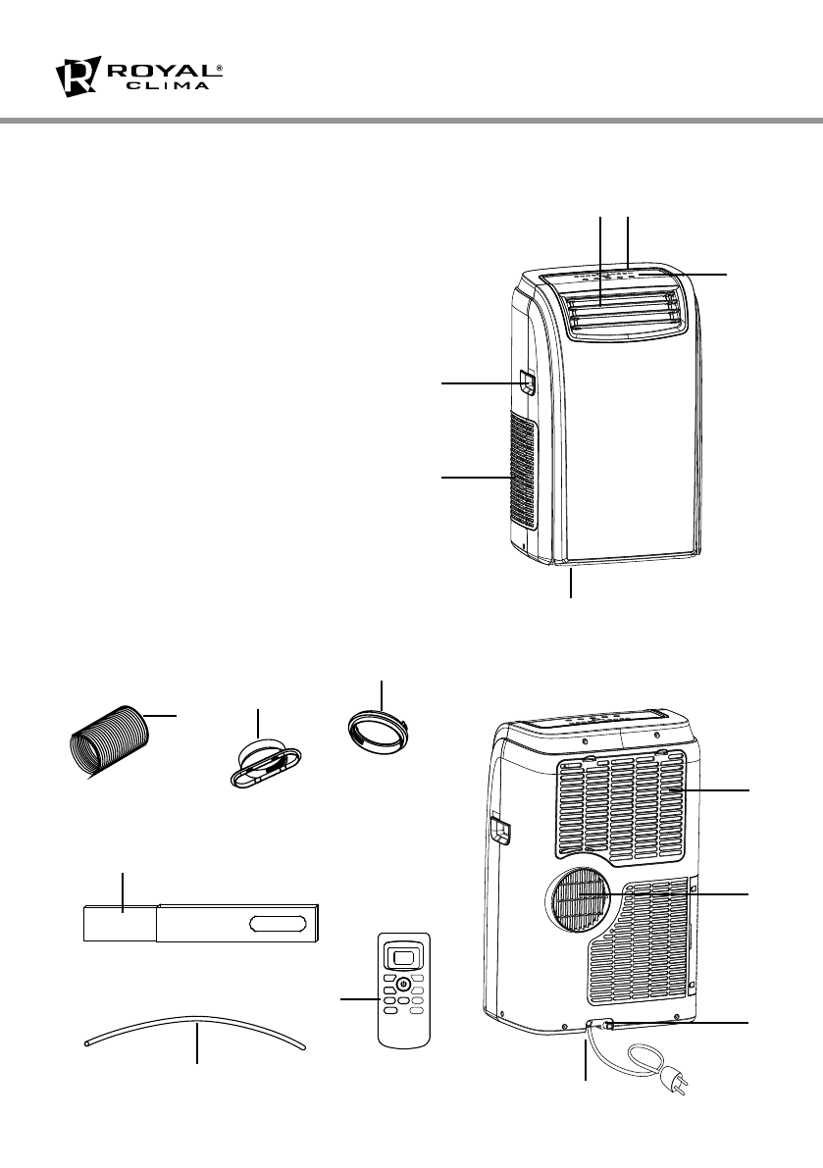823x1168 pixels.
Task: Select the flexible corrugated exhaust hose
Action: point(109,739)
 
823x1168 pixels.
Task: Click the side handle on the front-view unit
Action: point(528,382)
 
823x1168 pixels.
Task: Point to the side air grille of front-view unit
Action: point(523,476)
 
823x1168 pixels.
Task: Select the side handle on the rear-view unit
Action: point(502,830)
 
